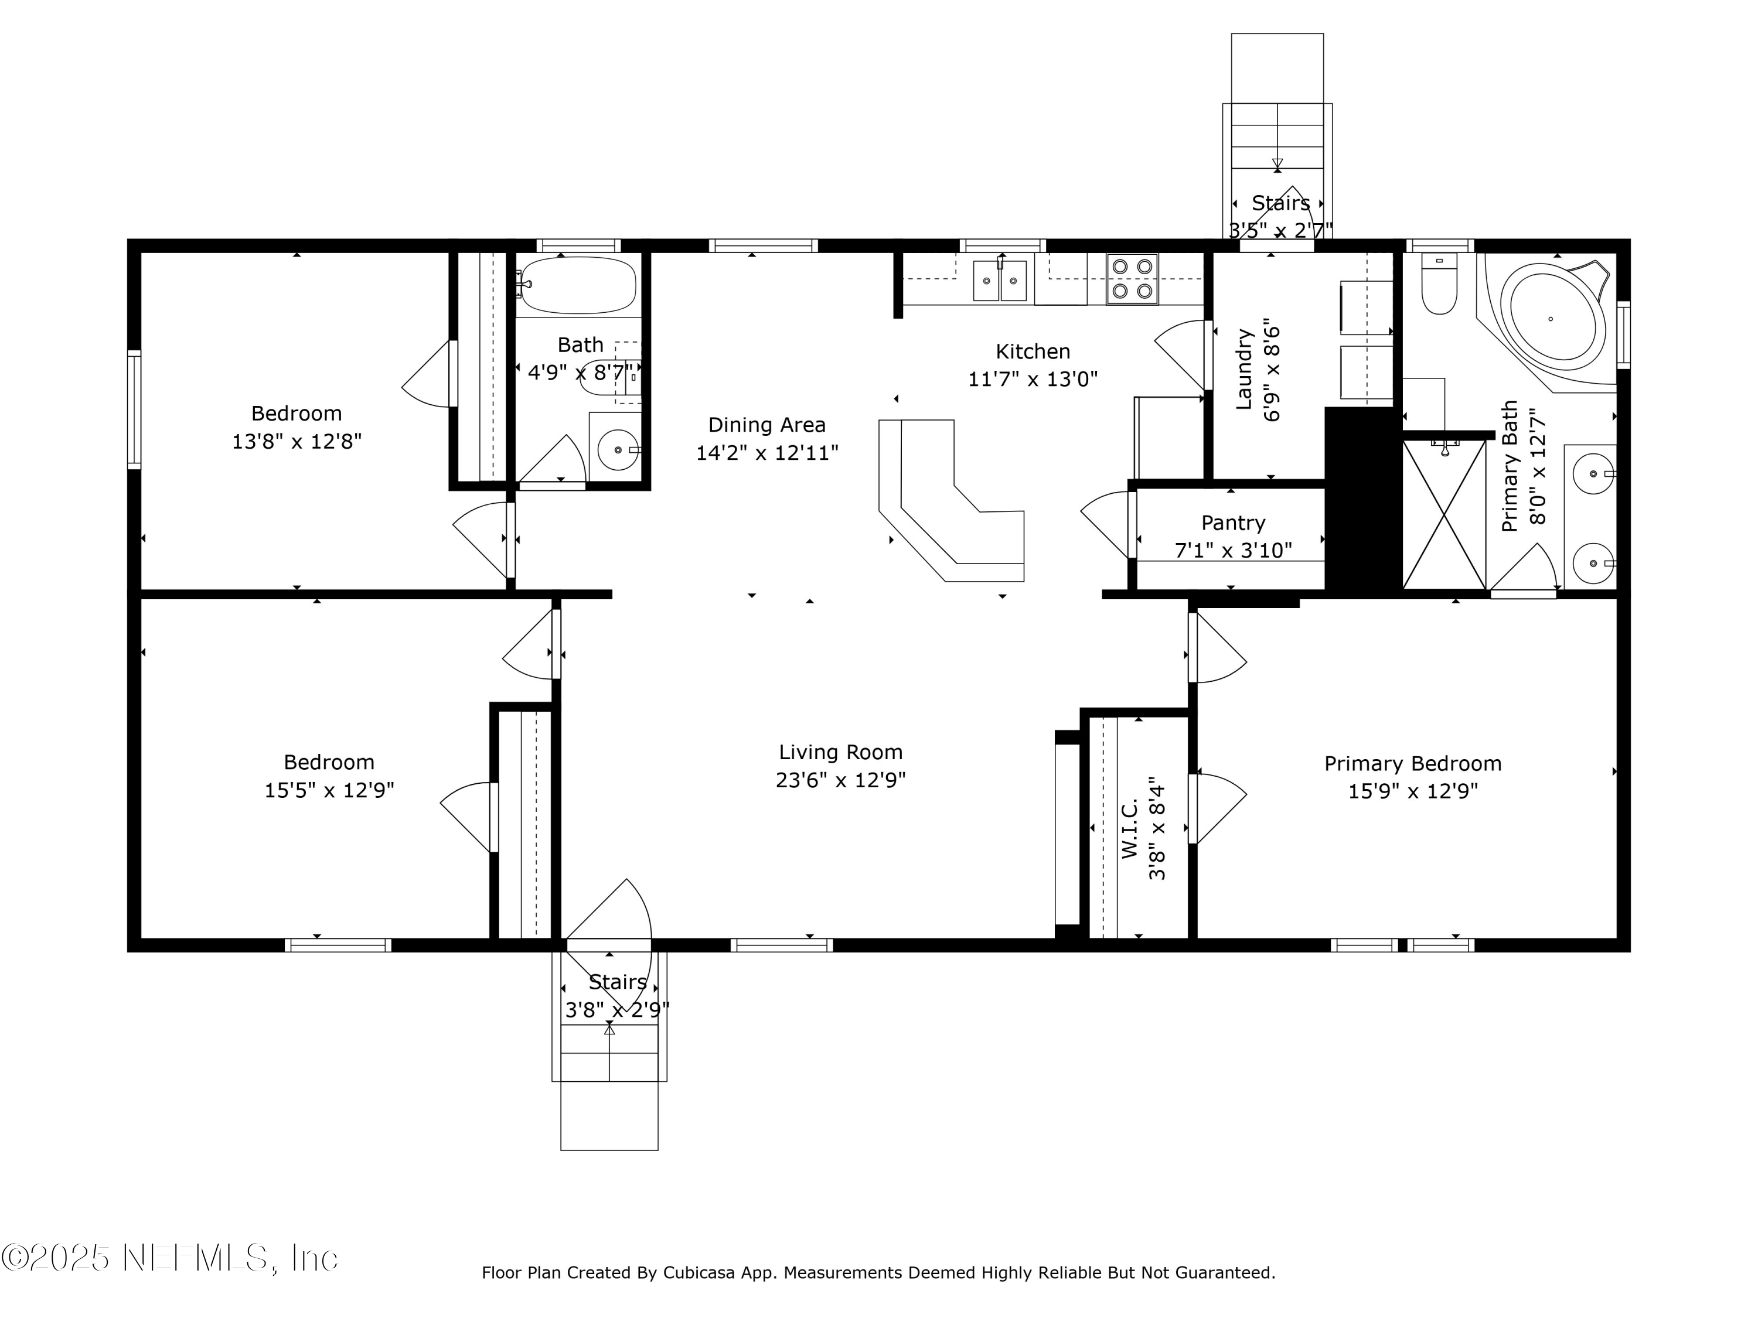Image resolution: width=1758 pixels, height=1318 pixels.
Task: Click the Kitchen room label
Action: [x=1033, y=351]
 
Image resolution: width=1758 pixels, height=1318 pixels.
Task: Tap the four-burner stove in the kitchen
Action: [x=1132, y=279]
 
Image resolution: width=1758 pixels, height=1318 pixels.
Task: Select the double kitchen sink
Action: [x=1000, y=281]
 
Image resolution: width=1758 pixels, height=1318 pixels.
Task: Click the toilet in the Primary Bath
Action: [x=1439, y=286]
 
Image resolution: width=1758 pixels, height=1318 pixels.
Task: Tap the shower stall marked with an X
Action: [x=1444, y=515]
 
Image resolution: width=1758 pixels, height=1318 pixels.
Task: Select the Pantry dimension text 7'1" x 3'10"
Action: [x=1233, y=550]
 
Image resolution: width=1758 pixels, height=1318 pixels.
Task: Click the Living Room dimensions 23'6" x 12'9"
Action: [x=840, y=780]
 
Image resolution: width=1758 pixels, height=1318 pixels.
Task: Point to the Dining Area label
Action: [x=766, y=425]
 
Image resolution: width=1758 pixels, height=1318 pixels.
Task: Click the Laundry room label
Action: [x=1245, y=370]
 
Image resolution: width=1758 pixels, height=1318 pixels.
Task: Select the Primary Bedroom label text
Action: [x=1412, y=763]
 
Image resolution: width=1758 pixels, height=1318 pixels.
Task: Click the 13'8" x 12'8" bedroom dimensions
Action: [x=297, y=441]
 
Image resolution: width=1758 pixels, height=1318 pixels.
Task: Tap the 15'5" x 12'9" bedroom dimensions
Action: [x=329, y=790]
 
